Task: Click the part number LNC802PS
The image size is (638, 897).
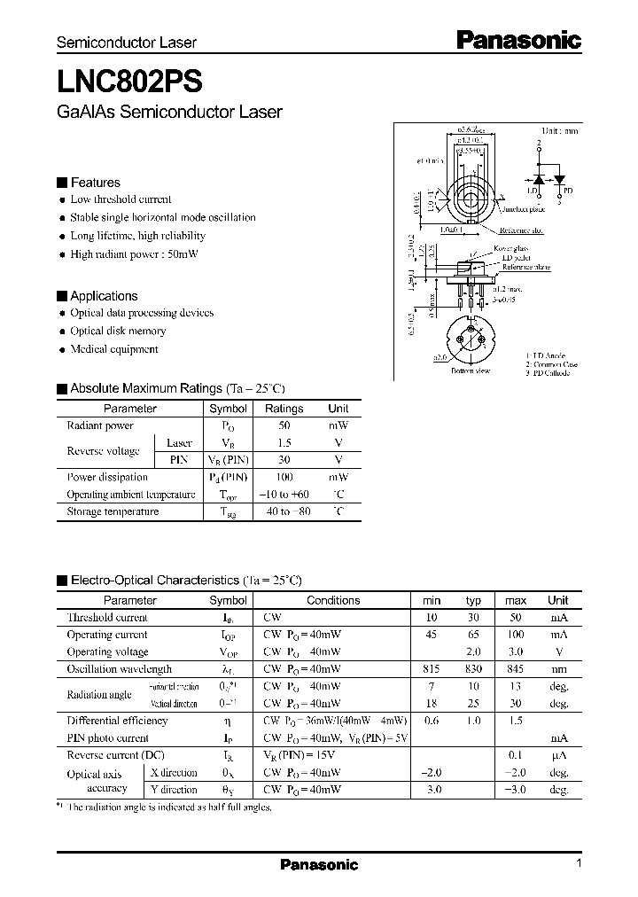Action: pos(129,81)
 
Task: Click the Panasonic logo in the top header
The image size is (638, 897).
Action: pos(518,39)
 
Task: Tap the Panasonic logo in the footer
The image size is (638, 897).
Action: pos(319,865)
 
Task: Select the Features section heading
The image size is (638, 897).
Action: pos(95,183)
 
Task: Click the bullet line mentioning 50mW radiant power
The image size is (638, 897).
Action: pos(134,254)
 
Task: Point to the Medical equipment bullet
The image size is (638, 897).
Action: pos(113,349)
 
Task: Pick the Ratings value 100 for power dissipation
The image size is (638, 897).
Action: pos(284,477)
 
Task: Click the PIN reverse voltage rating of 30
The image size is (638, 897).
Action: pos(284,460)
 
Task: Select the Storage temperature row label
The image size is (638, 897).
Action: pos(113,511)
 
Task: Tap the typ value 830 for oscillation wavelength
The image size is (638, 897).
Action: pos(473,669)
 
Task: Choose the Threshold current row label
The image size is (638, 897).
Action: pos(107,618)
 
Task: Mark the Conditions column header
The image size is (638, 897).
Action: pos(333,600)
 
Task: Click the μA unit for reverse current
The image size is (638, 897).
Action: pos(558,755)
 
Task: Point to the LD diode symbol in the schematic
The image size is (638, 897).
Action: pos(537,177)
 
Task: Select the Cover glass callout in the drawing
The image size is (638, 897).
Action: pos(511,249)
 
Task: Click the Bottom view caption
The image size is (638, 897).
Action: pos(470,371)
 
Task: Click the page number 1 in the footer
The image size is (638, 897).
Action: pos(578,864)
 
